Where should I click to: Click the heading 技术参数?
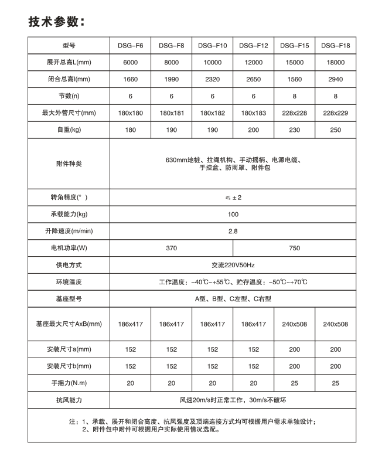coord(56,22)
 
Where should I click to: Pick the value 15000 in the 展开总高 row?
coord(294,62)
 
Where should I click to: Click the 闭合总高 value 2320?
coord(212,79)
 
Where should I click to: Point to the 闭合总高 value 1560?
coord(294,79)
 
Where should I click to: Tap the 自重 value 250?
coord(336,130)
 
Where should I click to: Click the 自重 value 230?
coord(294,130)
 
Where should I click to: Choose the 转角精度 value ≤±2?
coord(233,198)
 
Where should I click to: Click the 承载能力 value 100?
coord(233,215)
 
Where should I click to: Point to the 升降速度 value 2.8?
coord(233,231)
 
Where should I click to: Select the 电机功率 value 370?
coord(171,248)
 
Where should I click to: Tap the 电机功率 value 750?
coord(294,248)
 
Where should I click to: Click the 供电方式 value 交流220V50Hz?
coord(233,265)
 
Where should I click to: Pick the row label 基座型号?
coord(69,298)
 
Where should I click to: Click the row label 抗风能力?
coord(69,400)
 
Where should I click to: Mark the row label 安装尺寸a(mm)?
coord(69,349)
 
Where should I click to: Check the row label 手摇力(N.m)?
coord(69,383)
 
